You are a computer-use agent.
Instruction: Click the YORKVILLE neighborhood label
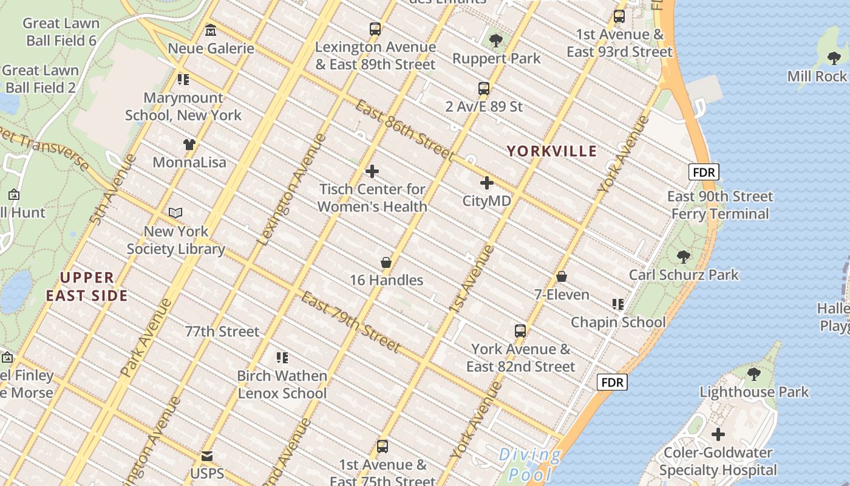point(552,151)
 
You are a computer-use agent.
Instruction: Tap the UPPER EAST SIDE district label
point(87,287)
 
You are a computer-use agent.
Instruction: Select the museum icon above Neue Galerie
point(211,30)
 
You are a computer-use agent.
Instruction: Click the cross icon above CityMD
point(486,182)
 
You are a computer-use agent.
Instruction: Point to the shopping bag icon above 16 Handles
point(386,262)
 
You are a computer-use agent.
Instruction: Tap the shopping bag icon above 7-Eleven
point(562,276)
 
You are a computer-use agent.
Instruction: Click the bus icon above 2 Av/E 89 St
point(484,89)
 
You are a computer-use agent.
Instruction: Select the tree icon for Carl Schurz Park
point(684,256)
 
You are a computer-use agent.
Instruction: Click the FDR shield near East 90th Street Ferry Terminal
point(704,172)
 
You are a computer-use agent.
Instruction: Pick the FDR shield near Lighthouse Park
point(611,382)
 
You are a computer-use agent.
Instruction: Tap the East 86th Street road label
point(404,130)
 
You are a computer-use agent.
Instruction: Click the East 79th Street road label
point(351,323)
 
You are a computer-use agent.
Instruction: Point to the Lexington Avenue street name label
point(291,190)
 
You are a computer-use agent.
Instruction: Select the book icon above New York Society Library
point(175,213)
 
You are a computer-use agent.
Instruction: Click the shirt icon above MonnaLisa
point(189,145)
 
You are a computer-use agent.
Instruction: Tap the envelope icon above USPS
point(207,456)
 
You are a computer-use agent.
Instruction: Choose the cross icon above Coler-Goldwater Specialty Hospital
point(718,434)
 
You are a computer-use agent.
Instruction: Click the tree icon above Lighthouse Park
point(753,374)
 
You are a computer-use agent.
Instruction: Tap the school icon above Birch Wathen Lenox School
point(282,357)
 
